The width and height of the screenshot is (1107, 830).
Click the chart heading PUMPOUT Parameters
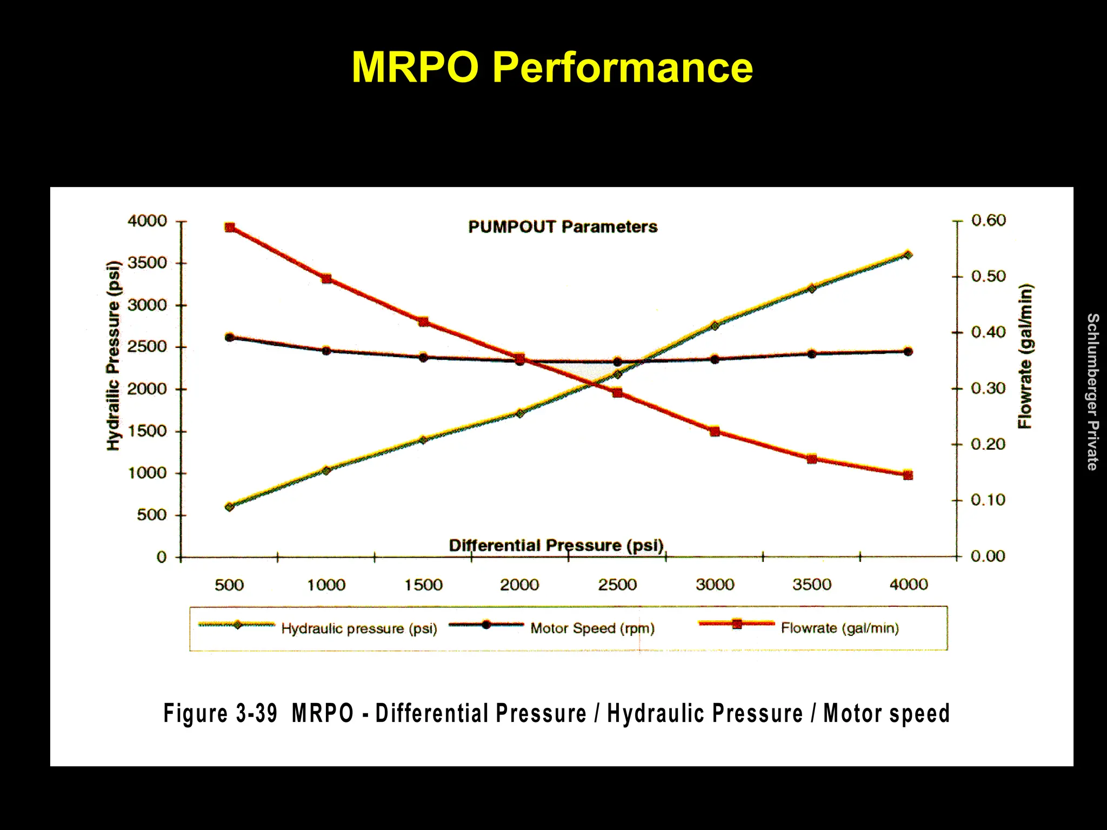click(563, 227)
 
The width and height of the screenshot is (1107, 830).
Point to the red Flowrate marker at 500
click(230, 227)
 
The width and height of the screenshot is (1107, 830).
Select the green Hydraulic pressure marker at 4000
click(908, 255)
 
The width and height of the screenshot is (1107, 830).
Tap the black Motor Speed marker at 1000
click(326, 351)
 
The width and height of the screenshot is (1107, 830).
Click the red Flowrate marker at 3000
click(715, 431)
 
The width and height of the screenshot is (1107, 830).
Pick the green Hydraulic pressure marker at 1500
click(423, 440)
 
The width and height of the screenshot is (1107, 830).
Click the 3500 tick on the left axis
click(147, 263)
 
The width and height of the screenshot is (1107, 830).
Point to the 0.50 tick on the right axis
click(988, 277)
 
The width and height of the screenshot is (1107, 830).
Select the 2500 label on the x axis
click(617, 585)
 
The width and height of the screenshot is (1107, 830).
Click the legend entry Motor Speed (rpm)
click(592, 628)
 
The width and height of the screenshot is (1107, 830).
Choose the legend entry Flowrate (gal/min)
click(839, 628)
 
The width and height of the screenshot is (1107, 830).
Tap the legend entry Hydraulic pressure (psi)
click(359, 629)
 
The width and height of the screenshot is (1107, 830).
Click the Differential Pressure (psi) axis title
click(556, 545)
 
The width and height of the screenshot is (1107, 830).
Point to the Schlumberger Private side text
click(1092, 392)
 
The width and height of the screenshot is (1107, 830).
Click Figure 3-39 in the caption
click(221, 713)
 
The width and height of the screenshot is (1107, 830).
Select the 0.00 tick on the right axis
click(988, 557)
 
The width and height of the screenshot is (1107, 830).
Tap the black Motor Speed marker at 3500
click(811, 354)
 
